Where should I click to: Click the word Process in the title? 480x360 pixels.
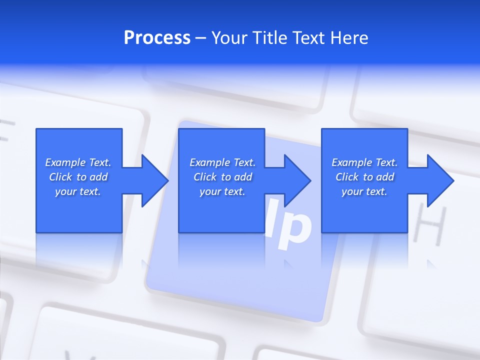point(157,38)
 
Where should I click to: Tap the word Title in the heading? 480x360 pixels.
point(270,38)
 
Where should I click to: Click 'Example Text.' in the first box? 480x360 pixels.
point(78,162)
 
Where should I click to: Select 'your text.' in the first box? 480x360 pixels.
point(78,191)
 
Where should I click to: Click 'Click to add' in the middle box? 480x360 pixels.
point(222,177)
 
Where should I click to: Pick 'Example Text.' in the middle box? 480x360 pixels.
point(222,162)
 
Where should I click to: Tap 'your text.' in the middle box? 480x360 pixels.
point(222,191)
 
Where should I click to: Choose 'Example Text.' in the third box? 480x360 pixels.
point(364,162)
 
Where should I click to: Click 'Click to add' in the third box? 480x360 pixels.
point(364,177)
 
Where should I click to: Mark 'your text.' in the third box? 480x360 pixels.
point(364,191)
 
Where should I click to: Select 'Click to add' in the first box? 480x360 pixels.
point(78,177)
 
